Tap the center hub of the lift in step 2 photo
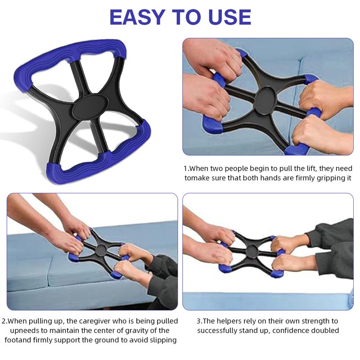coord(101,250)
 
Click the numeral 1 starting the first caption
coord(186,168)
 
